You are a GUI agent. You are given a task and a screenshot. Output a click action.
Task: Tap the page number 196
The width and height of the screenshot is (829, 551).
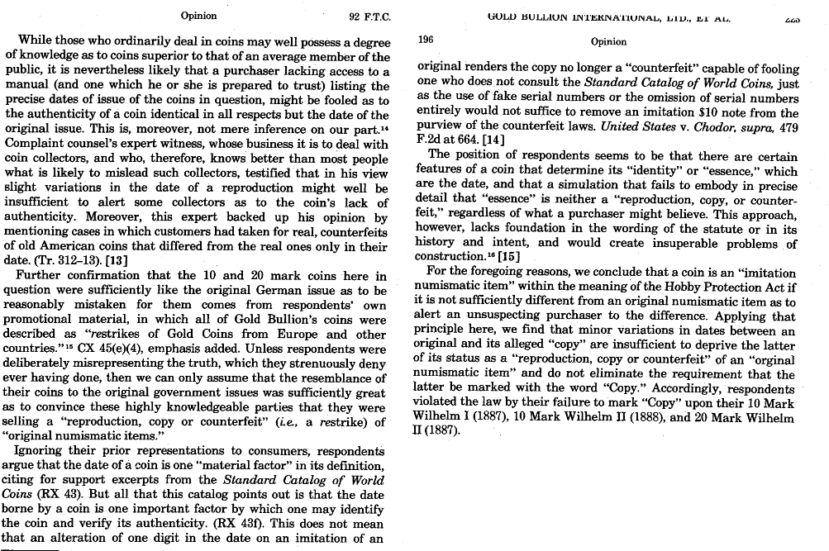[x=426, y=39]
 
